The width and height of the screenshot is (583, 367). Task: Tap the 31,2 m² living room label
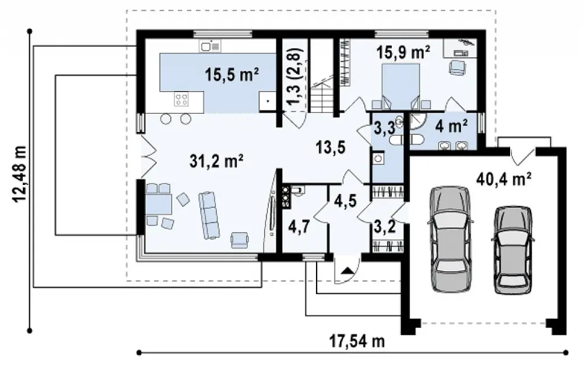217,161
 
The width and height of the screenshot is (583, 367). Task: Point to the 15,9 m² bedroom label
403,52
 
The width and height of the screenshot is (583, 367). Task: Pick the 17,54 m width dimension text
357,341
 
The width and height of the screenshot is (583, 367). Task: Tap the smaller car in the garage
513,250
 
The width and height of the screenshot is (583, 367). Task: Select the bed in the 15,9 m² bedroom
401,86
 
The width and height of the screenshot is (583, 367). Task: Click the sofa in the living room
209,215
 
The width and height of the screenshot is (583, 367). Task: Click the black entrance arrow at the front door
347,270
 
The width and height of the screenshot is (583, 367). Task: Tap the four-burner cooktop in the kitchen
182,99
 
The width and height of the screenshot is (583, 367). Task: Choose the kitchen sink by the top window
210,46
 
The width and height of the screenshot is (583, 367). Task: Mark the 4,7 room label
299,226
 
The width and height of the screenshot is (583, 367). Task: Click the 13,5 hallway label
331,147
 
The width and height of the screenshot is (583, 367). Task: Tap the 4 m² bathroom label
451,127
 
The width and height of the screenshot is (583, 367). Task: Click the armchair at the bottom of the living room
240,240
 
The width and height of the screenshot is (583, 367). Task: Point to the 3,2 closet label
384,226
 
